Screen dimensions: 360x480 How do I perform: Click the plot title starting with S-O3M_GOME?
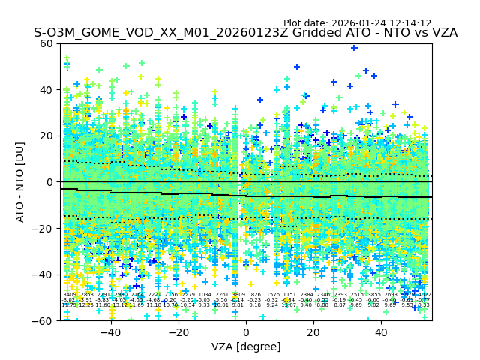tap(245, 33)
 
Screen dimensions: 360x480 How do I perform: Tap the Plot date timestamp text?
tap(357, 23)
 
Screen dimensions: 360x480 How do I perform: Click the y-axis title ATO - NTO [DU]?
tap(21, 182)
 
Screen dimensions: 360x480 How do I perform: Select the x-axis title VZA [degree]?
tap(246, 346)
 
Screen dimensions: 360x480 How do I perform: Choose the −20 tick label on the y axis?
tap(44, 228)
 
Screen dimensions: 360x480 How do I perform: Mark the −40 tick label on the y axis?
tap(44, 274)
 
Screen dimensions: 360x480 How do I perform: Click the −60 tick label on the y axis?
tap(44, 320)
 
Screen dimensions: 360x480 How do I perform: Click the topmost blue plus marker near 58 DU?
tap(354, 48)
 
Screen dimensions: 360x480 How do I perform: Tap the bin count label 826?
tap(256, 295)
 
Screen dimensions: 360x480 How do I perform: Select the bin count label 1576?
tap(272, 295)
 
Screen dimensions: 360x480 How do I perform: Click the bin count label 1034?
tap(205, 295)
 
